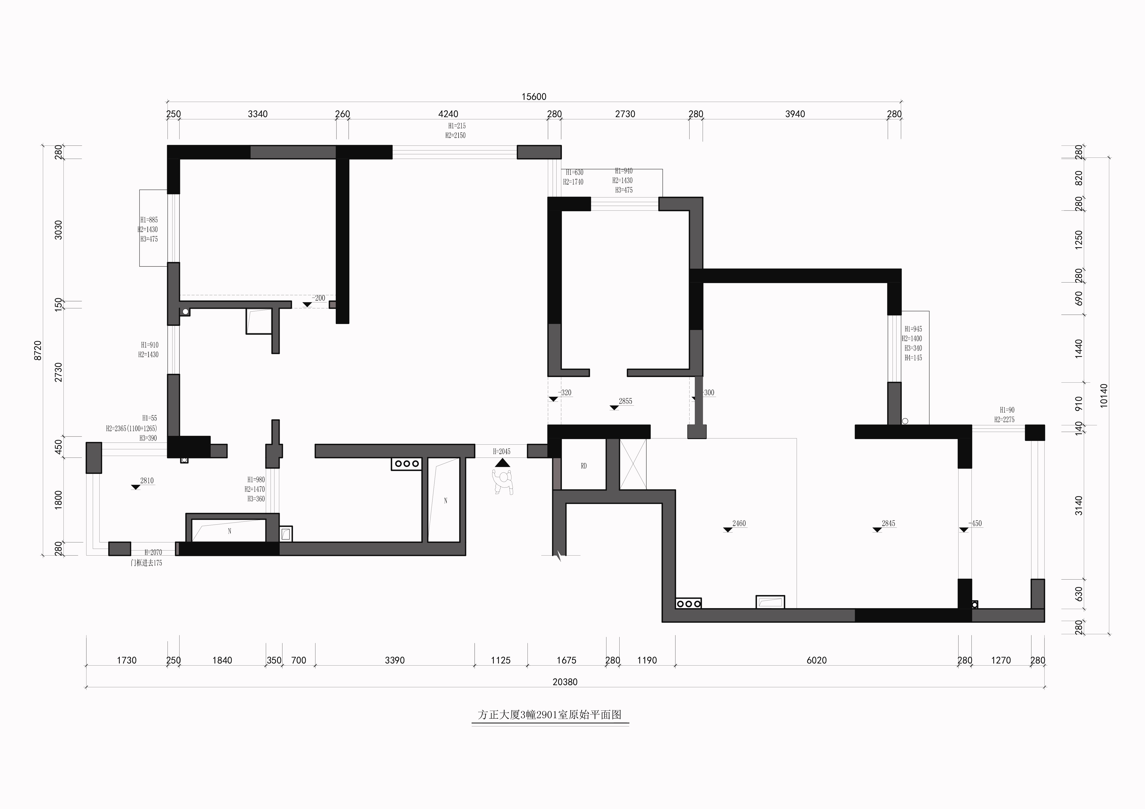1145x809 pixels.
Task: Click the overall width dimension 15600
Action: point(534,97)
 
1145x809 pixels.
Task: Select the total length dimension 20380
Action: point(565,682)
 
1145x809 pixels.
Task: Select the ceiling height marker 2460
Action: point(739,523)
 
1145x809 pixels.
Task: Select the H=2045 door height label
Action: point(502,452)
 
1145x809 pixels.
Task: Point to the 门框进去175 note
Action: point(146,563)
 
